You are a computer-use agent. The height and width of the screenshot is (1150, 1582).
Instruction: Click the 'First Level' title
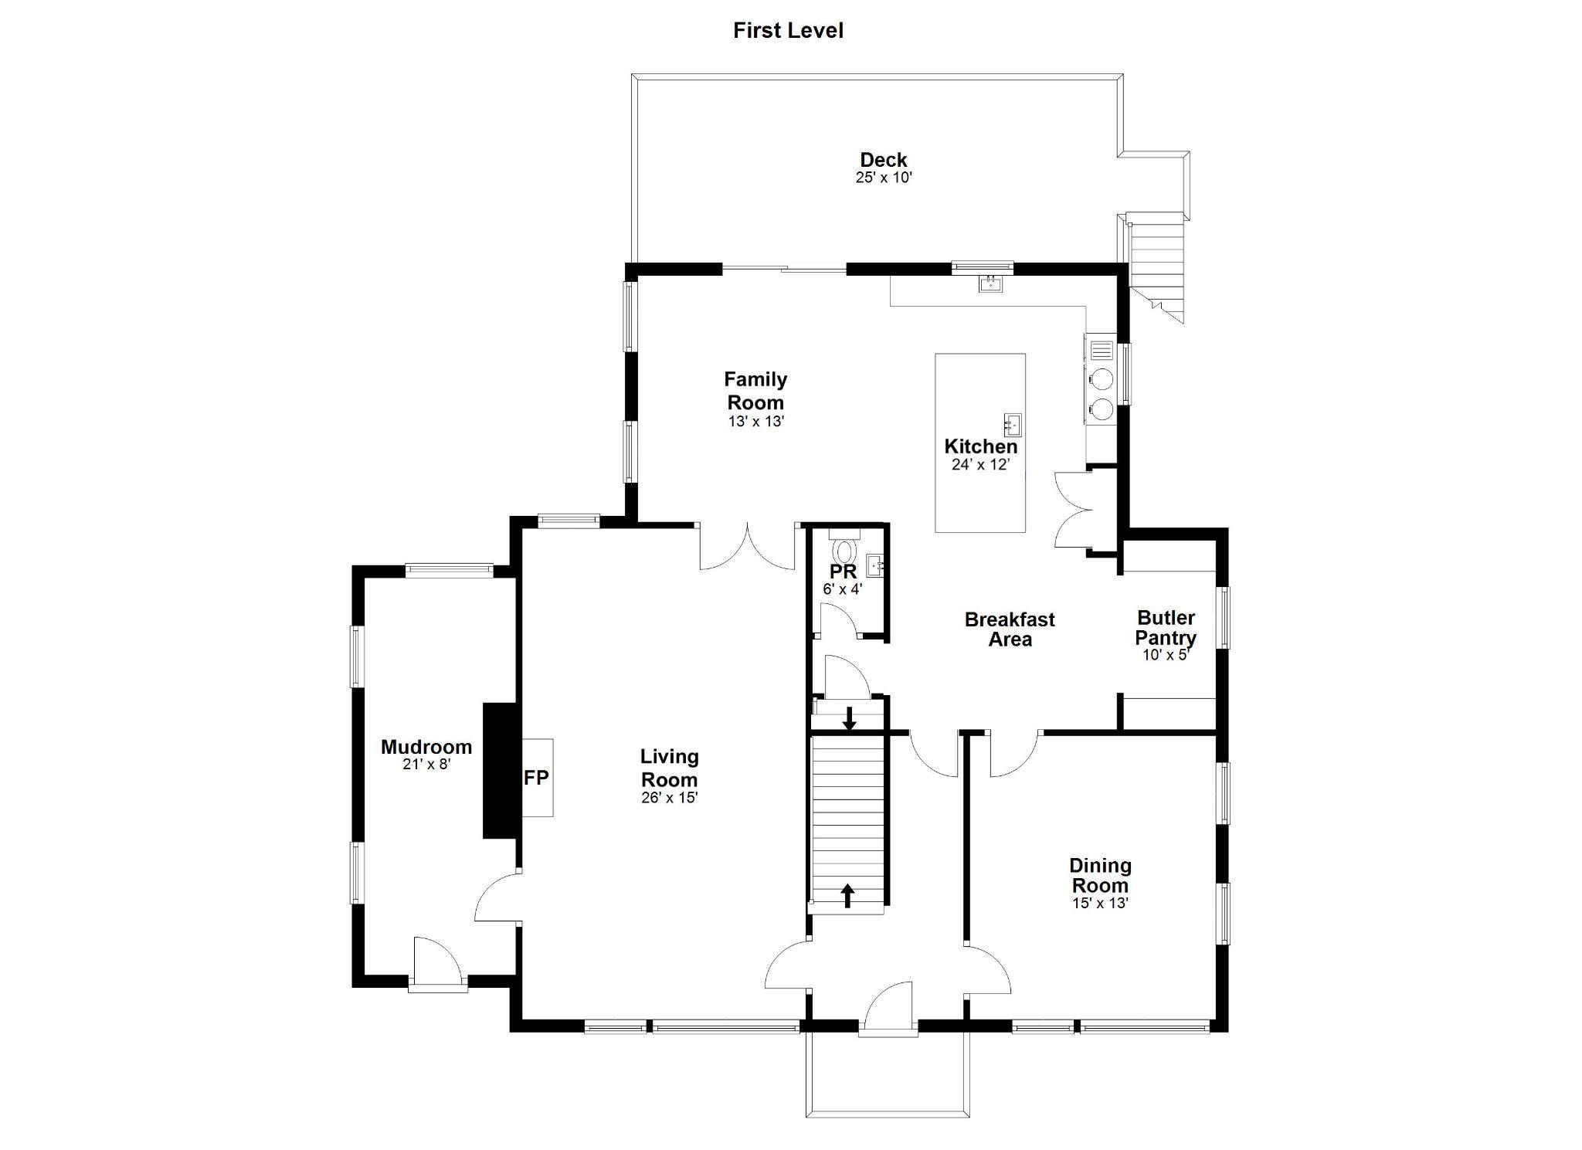(788, 31)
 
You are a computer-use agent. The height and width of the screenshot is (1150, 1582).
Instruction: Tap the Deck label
(884, 160)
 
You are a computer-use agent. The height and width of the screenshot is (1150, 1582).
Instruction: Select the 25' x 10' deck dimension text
(884, 177)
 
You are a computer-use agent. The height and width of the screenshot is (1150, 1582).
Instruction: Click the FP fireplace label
(536, 778)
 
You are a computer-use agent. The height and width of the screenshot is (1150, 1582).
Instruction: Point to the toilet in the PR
(844, 546)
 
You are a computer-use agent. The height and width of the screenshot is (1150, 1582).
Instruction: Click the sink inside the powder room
(874, 566)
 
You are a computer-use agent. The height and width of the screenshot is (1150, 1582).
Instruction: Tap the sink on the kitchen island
(1013, 425)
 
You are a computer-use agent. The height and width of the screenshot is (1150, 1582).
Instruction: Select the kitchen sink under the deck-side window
(990, 283)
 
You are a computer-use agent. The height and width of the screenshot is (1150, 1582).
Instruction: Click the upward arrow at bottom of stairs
(847, 896)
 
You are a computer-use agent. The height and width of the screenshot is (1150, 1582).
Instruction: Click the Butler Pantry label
(1166, 628)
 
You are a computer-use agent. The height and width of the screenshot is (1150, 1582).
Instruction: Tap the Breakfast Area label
(1010, 629)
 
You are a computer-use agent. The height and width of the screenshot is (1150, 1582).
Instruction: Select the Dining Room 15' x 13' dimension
(1100, 903)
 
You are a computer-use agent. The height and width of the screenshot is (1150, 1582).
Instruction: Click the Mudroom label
(426, 747)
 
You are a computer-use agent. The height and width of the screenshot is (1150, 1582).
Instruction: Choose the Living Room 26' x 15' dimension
(669, 798)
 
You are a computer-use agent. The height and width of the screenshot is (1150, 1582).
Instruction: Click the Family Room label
(755, 391)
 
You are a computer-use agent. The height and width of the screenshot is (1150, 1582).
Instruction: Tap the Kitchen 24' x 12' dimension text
(981, 464)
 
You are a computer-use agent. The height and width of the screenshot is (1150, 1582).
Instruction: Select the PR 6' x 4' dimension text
(843, 589)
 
